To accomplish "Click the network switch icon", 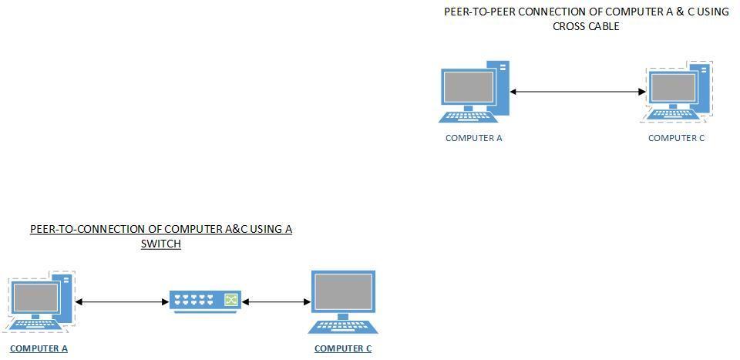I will [205, 301].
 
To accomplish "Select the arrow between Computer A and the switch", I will [122, 302].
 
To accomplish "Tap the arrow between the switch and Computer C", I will [276, 302].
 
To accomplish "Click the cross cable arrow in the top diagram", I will [577, 93].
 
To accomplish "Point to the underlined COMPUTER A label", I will [39, 348].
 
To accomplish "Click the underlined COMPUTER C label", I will [343, 348].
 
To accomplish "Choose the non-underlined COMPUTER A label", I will [473, 138].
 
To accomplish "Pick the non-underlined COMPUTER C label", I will [676, 138].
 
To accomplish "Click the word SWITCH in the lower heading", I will [160, 244].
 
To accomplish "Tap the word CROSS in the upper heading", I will [568, 26].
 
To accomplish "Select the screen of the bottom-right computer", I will [343, 292].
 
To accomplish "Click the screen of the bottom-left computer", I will [36, 297].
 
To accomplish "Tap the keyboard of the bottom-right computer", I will [343, 326].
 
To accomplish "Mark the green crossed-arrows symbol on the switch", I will [230, 299].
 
